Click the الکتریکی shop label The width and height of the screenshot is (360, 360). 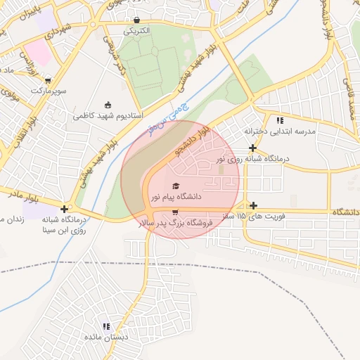tap(136, 31)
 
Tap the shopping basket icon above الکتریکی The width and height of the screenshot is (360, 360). tap(136, 20)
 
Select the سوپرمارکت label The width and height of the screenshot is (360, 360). tap(48, 91)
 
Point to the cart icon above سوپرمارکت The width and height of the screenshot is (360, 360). tap(48, 80)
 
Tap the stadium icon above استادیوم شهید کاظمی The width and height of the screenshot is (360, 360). tap(108, 104)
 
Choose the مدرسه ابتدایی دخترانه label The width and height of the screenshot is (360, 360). tap(281, 131)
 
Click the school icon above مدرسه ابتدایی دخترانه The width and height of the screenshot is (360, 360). tap(281, 120)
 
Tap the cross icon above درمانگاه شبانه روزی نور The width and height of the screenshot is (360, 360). tap(252, 148)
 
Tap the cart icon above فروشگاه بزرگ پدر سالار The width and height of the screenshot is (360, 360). tap(175, 212)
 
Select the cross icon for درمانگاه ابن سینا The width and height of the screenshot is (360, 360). tap(65, 209)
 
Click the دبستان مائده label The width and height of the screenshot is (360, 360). tap(106, 338)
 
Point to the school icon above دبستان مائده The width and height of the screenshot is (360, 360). tap(106, 327)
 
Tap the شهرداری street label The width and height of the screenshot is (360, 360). tap(58, 31)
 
